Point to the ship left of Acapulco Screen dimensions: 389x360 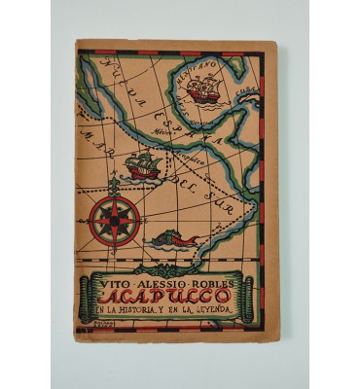click(142, 165)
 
